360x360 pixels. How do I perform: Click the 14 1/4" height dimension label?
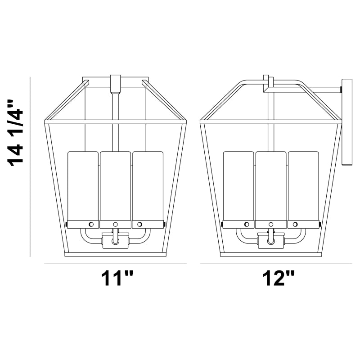pos(16,133)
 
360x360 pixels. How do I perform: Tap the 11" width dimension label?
pos(117,278)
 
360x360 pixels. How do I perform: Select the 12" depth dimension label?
pos(279,278)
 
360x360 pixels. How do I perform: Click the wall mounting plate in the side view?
pos(347,122)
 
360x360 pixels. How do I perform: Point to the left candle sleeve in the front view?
pos(83,186)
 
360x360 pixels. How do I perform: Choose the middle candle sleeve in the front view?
pos(116,186)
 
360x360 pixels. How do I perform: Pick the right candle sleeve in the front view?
pos(148,186)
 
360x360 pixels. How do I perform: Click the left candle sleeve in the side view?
pos(238,186)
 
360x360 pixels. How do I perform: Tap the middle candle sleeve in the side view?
pos(271,186)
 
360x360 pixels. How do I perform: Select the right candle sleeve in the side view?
pos(303,186)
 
